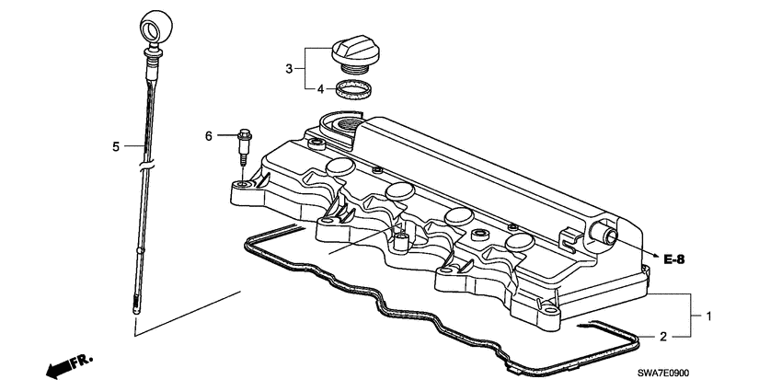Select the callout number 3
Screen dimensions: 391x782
click(x=288, y=68)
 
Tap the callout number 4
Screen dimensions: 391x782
click(x=320, y=90)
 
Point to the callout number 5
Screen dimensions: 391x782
click(x=116, y=146)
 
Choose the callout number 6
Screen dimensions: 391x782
click(x=209, y=136)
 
